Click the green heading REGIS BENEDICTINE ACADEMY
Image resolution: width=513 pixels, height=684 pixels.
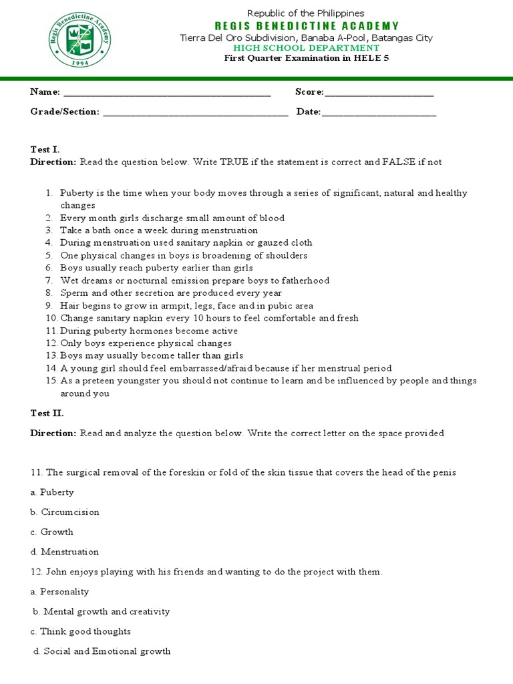[x=306, y=26]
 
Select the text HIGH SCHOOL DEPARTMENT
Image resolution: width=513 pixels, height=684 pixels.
[x=306, y=48]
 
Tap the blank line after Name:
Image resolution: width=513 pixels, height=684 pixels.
[x=167, y=93]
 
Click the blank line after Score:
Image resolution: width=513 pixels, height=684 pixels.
[x=379, y=93]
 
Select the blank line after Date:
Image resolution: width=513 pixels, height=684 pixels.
[x=379, y=112]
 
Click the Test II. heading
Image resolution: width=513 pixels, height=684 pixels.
[x=47, y=413]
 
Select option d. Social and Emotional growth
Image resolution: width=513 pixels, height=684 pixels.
[x=102, y=651]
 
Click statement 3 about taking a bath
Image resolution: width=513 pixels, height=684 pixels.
[x=158, y=230]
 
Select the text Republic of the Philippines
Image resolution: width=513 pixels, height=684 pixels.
[x=306, y=13]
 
